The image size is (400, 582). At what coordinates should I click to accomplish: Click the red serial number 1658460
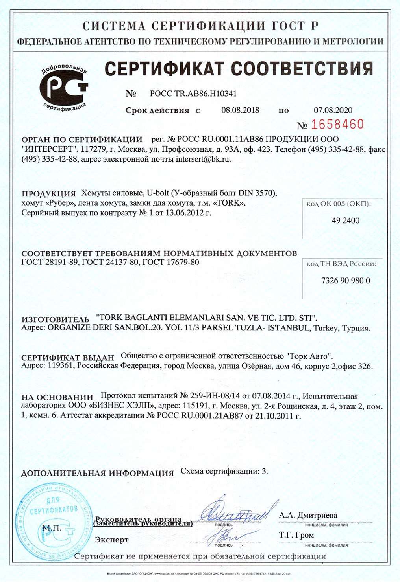click(x=337, y=125)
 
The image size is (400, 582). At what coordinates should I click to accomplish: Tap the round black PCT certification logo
click(x=63, y=88)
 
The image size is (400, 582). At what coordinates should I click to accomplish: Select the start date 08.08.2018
click(x=240, y=110)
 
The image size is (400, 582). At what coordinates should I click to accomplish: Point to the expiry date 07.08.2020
click(x=333, y=110)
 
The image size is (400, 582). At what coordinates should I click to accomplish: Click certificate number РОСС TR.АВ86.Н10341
click(x=193, y=94)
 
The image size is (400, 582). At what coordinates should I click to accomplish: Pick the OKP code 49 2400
click(x=345, y=220)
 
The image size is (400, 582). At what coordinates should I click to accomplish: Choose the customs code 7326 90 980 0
click(x=345, y=281)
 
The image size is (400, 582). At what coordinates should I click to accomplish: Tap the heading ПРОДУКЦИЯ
click(x=48, y=193)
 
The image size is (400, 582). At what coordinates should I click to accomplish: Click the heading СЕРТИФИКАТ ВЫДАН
click(x=68, y=358)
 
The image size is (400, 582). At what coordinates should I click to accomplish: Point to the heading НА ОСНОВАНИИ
click(x=57, y=397)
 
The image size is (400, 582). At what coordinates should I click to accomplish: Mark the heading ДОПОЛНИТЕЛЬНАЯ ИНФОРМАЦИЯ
click(x=97, y=473)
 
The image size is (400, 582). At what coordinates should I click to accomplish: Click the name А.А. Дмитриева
click(x=308, y=515)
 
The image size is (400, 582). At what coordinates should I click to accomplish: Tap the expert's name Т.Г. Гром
click(x=296, y=535)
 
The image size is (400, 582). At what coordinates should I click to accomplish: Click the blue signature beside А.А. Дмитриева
click(x=236, y=512)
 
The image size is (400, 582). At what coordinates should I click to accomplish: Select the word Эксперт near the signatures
click(x=112, y=540)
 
